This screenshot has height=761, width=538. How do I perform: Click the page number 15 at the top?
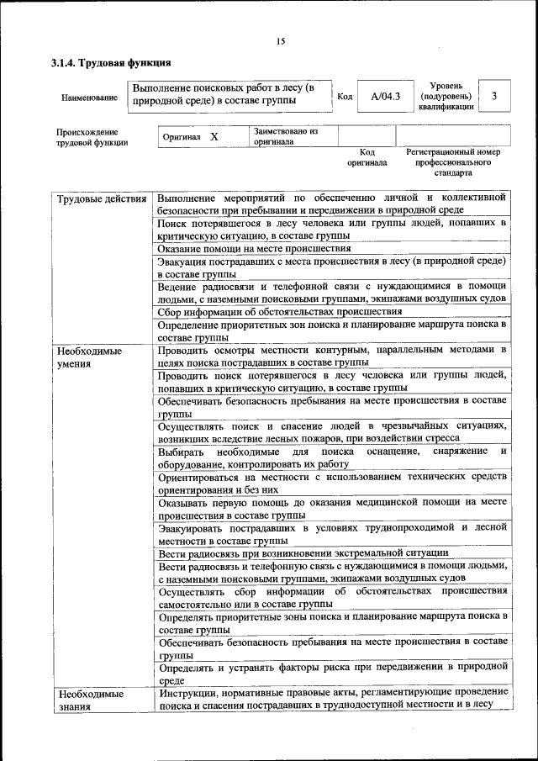[x=281, y=41]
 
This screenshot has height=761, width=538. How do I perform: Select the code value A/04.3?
[x=386, y=97]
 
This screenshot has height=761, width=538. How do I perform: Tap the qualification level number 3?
[x=494, y=97]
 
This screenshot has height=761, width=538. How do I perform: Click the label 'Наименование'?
[x=89, y=98]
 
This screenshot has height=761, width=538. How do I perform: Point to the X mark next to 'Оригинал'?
[x=214, y=136]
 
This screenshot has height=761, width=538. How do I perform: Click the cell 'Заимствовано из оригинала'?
[x=284, y=137]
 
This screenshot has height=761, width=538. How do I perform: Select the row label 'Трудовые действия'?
[x=100, y=198]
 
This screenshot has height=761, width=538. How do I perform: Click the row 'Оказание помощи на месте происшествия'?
[x=254, y=248]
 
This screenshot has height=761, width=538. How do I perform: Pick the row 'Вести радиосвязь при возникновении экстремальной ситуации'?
[x=302, y=552]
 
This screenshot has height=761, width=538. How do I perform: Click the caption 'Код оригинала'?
[x=367, y=157]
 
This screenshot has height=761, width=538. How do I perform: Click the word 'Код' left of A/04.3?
[x=344, y=97]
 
